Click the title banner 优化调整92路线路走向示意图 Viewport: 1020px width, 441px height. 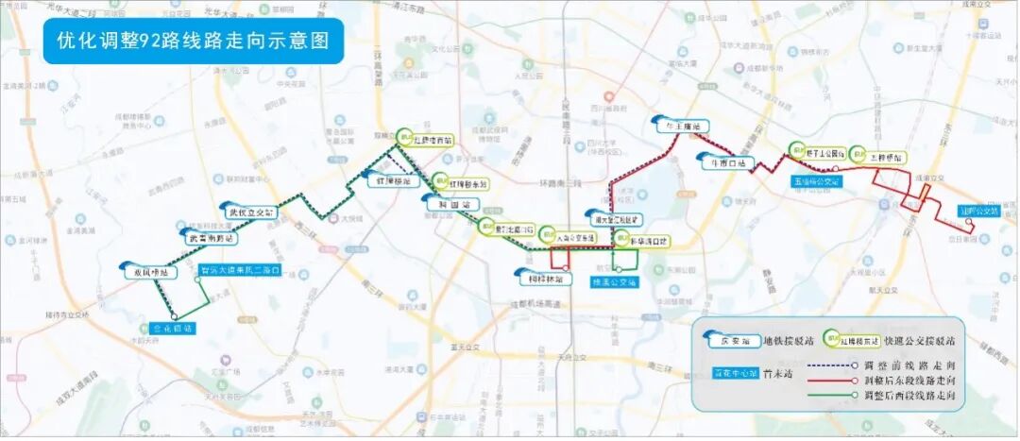193,41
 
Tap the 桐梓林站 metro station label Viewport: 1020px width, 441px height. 546,279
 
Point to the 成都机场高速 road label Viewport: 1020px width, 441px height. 535,304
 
